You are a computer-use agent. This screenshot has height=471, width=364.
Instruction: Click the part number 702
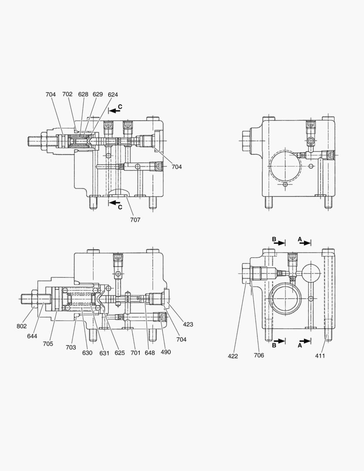[x=67, y=94]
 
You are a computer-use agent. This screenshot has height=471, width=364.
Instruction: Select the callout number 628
[x=83, y=94]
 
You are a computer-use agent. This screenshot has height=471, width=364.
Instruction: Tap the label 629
[x=98, y=94]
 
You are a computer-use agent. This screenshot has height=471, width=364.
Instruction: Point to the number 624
[x=113, y=94]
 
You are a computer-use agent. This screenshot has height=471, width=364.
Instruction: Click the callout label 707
[x=135, y=220]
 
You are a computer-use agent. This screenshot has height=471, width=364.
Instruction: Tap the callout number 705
[x=48, y=344]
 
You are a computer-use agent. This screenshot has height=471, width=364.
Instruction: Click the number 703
[x=71, y=347]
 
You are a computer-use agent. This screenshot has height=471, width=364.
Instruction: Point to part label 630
[x=87, y=352]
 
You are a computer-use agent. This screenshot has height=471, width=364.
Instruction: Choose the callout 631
[x=104, y=352]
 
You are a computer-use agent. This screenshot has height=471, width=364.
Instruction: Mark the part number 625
[x=119, y=352]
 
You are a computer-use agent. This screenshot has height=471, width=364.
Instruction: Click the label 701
[x=135, y=352]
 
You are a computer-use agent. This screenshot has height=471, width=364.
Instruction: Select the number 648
[x=150, y=352]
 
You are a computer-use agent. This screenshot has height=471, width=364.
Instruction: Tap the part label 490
[x=166, y=352]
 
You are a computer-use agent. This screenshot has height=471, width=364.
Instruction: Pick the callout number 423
[x=188, y=324]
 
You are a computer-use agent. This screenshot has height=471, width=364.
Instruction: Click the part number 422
[x=233, y=356]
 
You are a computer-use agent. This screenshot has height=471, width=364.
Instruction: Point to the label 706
[x=259, y=355]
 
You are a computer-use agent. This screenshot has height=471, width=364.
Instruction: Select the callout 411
[x=320, y=355]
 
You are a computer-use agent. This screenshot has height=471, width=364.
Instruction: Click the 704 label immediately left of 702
[x=51, y=94]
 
